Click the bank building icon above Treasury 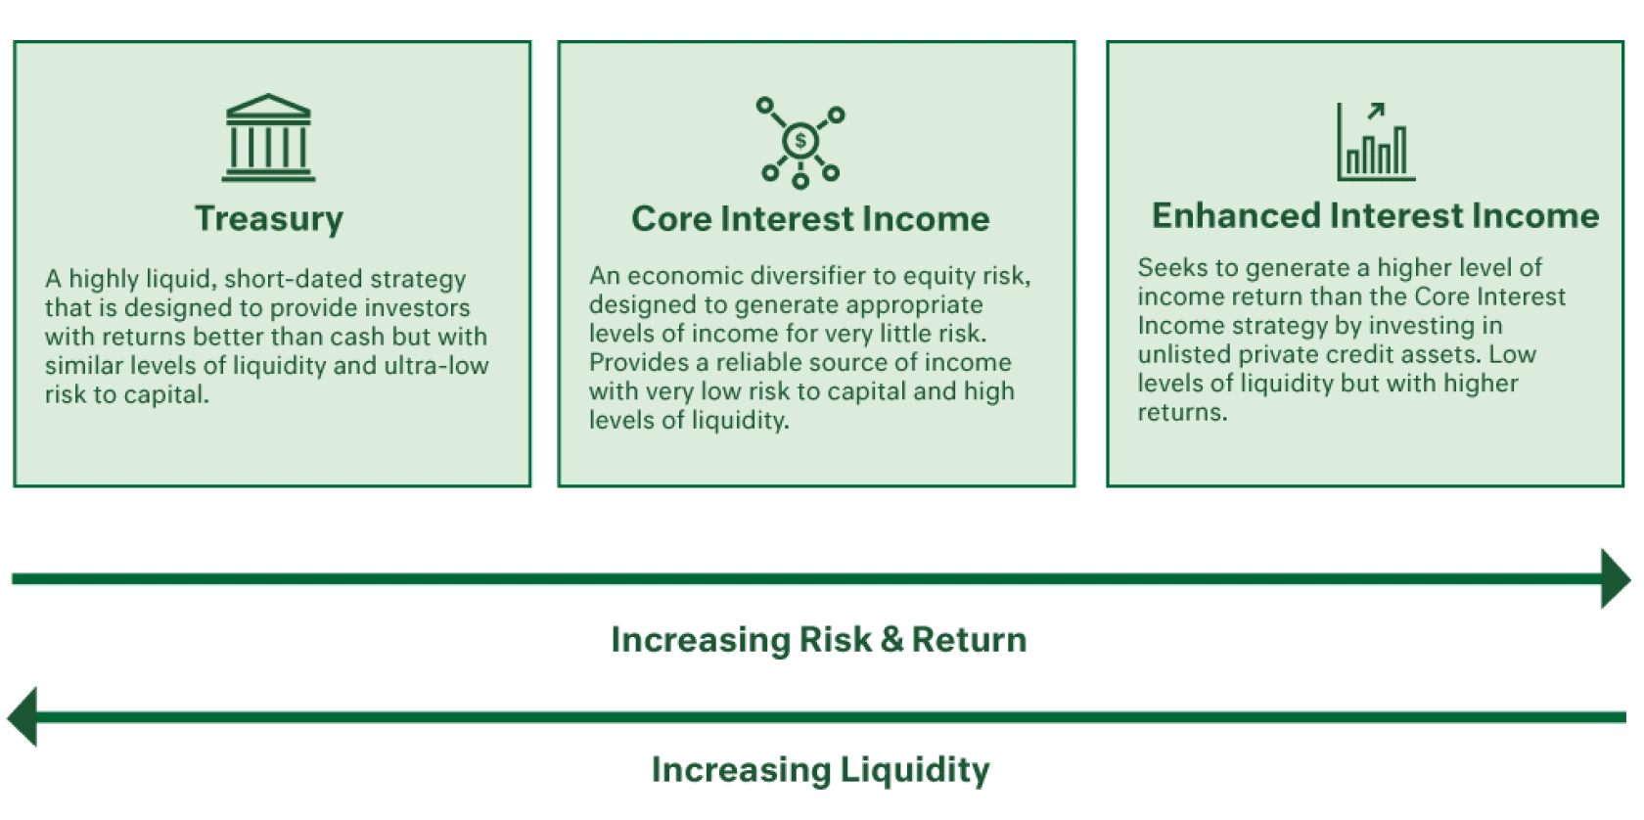tap(268, 138)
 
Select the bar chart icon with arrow tap(1375, 143)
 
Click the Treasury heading tap(269, 218)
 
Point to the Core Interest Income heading tap(810, 218)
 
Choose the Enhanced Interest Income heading tap(1375, 215)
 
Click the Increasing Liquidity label tap(820, 769)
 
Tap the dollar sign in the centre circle tap(800, 141)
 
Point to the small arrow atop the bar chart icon tap(1376, 111)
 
